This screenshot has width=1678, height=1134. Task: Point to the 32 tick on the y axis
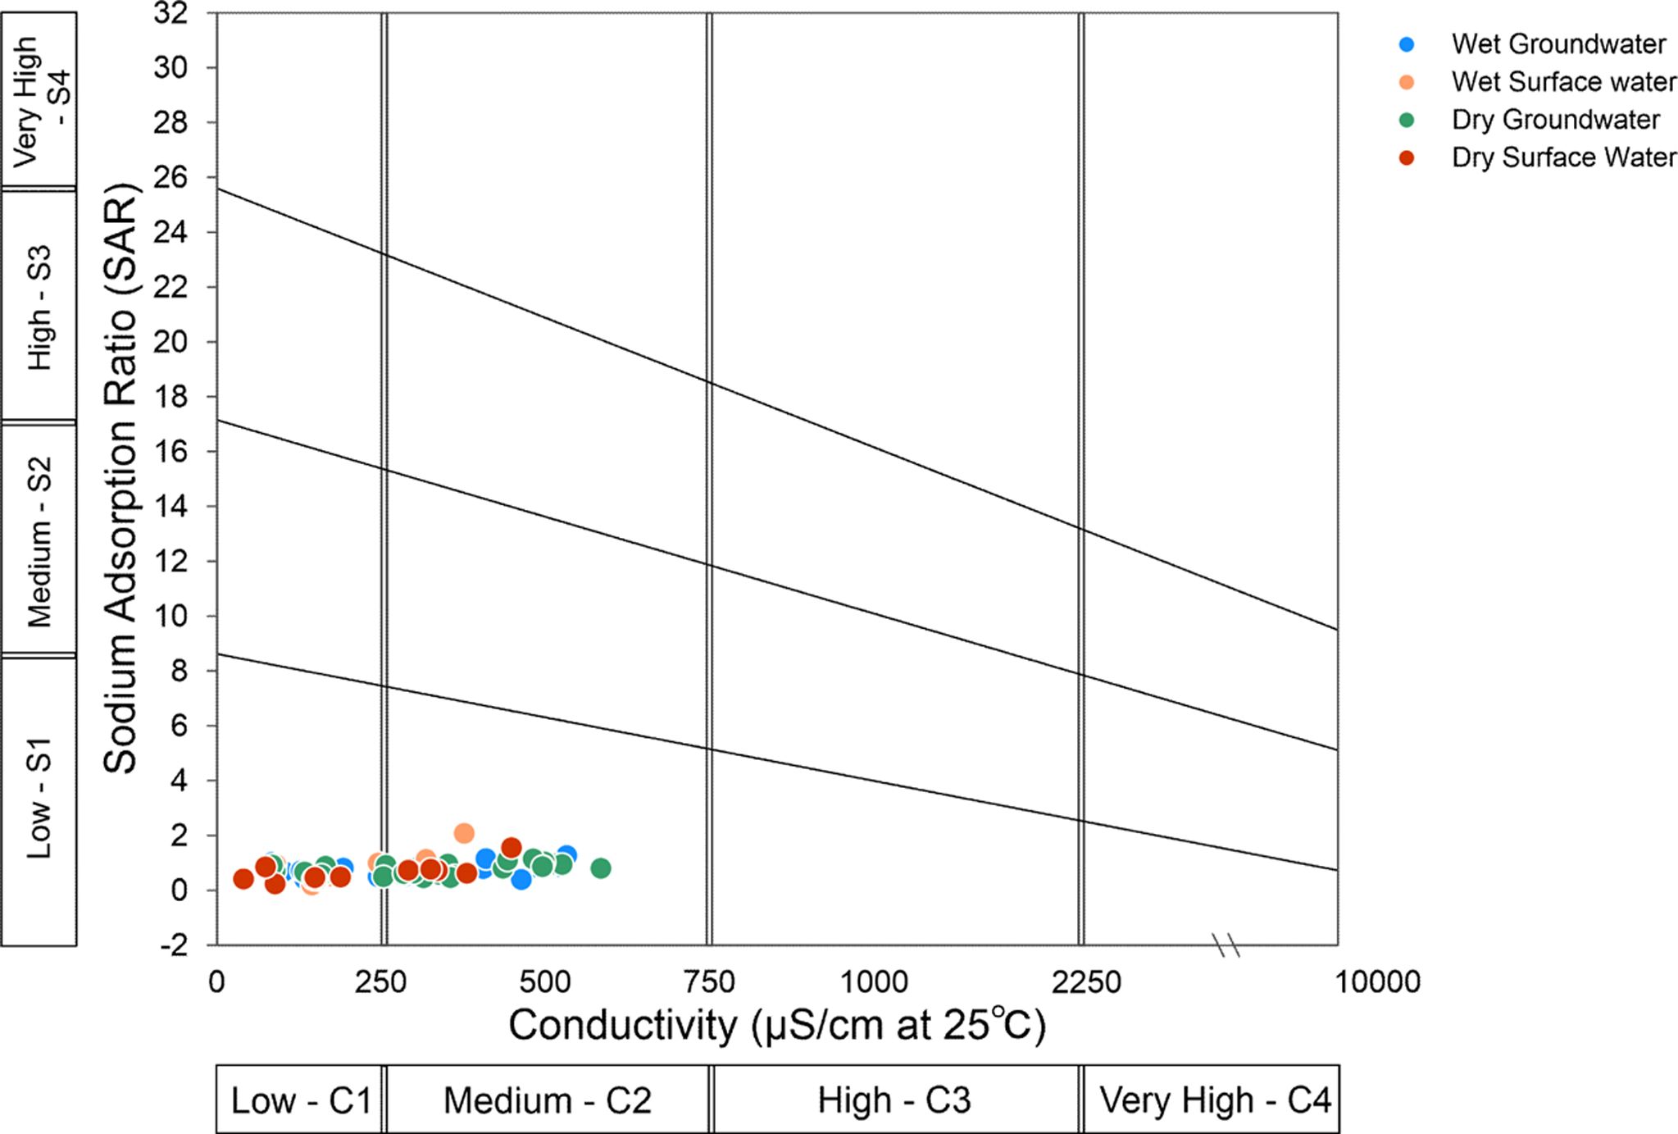pyautogui.click(x=171, y=13)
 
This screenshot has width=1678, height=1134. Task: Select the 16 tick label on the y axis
pyautogui.click(x=171, y=452)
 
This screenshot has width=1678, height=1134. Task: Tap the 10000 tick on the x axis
pyautogui.click(x=1377, y=981)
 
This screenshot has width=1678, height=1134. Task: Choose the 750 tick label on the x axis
pyautogui.click(x=708, y=981)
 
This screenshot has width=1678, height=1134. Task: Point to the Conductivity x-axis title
pyautogui.click(x=776, y=1025)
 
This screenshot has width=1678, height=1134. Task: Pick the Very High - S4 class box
pyautogui.click(x=39, y=100)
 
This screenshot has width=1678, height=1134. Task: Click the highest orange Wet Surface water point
pyautogui.click(x=464, y=833)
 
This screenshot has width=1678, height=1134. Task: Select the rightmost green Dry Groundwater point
pyautogui.click(x=601, y=868)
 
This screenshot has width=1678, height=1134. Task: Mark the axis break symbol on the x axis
pyautogui.click(x=1227, y=945)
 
